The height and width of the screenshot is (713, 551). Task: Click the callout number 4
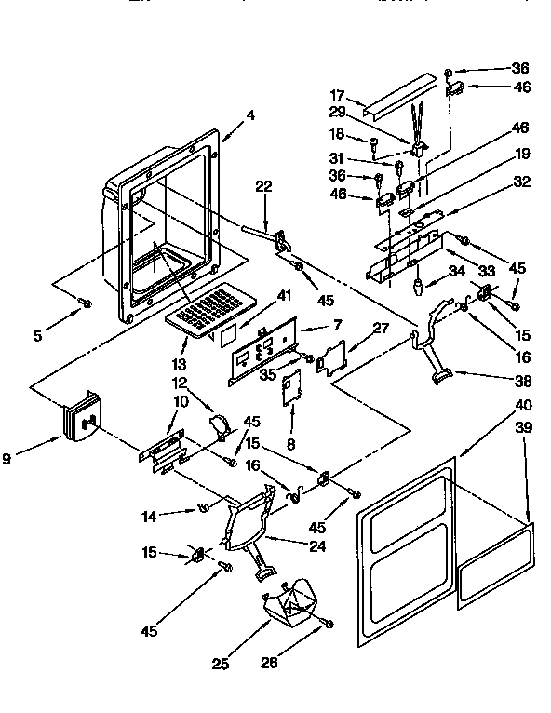click(250, 116)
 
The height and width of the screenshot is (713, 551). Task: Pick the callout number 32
click(521, 182)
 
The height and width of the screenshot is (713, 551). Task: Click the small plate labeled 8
click(291, 385)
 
